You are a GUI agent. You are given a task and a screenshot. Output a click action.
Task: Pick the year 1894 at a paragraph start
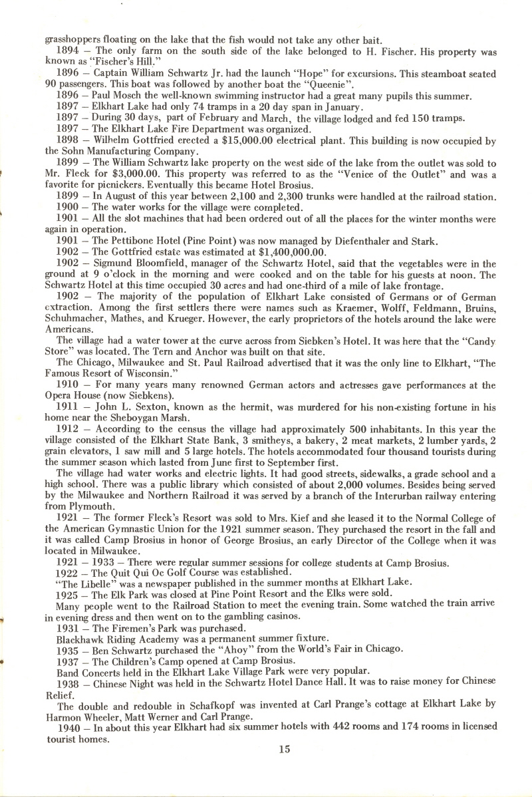(x=71, y=51)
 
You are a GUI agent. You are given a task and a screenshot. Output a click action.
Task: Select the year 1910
(x=71, y=386)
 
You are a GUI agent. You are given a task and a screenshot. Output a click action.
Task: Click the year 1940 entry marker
(x=71, y=727)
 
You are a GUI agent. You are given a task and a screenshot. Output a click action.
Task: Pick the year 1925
(x=71, y=592)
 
